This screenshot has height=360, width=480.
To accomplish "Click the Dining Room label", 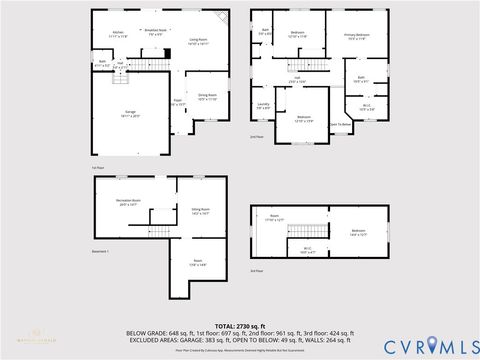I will (207, 97).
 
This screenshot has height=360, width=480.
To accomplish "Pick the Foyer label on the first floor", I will (177, 102).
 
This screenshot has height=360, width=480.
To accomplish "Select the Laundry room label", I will (263, 104).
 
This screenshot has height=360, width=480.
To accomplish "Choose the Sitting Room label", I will (200, 210).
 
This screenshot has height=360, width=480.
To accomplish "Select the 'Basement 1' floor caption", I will (100, 251).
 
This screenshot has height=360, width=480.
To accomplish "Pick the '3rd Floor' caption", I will (258, 271).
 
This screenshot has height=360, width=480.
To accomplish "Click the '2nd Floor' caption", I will (258, 137).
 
